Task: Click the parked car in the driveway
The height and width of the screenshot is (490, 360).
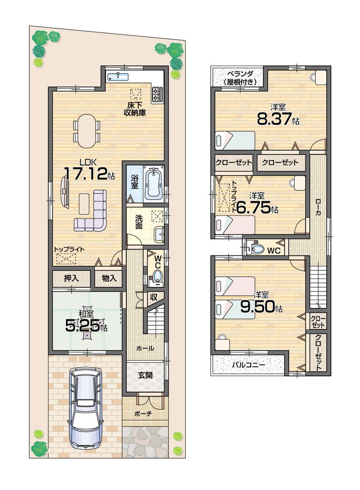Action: tap(85, 408)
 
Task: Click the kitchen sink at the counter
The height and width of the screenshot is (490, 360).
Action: tap(118, 76)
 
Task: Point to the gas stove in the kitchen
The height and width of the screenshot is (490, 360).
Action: tap(157, 95)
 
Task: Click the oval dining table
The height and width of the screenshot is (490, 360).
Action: tap(87, 131)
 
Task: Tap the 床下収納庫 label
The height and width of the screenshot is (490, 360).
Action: tap(135, 109)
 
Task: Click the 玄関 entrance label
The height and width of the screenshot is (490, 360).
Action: tap(145, 375)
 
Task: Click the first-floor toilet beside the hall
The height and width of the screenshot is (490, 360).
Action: tap(157, 277)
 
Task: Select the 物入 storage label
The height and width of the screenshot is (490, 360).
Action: tap(109, 278)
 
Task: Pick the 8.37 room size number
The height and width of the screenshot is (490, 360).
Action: tap(274, 119)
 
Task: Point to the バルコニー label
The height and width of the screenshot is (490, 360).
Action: tap(248, 365)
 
